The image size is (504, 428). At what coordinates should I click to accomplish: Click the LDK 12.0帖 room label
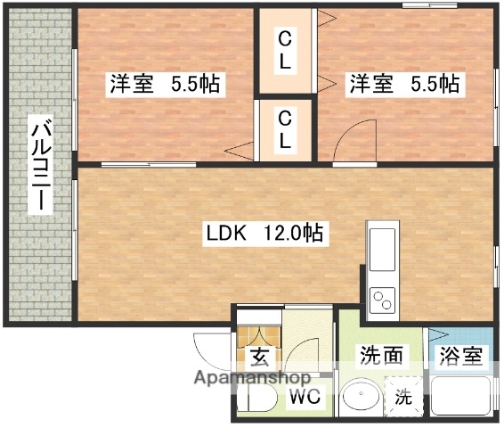[264, 234]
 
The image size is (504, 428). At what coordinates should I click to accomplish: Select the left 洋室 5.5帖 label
[166, 85]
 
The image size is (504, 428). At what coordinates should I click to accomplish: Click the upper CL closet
[284, 51]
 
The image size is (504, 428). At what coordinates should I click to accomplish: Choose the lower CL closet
[284, 130]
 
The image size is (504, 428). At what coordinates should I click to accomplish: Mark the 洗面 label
[381, 357]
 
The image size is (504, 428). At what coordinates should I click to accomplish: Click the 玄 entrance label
[259, 358]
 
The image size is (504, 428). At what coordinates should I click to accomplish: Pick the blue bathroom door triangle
[435, 336]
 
